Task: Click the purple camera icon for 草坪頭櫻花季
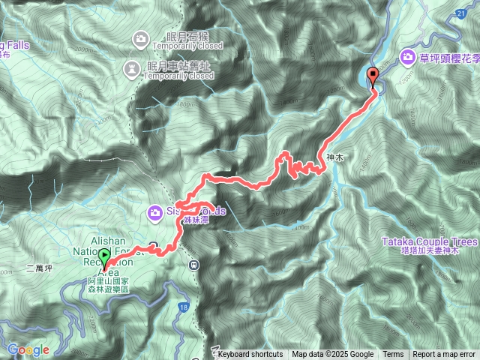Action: [x=407, y=56]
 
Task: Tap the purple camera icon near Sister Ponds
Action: [x=155, y=212]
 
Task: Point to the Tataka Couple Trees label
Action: [x=429, y=242]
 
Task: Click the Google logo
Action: [x=28, y=349]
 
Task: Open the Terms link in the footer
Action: [x=393, y=355]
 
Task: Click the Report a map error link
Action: [x=444, y=355]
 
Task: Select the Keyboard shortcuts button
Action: [x=250, y=355]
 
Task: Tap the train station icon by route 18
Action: [x=194, y=263]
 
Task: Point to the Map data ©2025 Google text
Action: [x=333, y=355]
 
